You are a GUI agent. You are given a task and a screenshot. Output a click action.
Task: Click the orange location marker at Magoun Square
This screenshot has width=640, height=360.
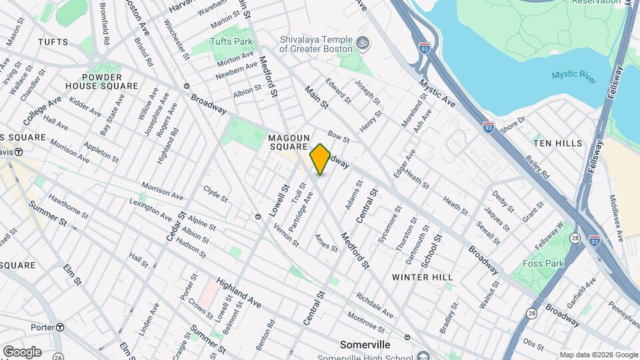click(320, 159)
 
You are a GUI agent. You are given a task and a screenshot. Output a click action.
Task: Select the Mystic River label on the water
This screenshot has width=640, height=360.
click(573, 74)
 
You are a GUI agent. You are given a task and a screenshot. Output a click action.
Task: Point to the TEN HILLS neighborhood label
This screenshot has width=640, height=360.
click(558, 143)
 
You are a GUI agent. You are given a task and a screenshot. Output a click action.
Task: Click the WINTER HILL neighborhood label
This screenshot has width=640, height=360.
click(422, 277)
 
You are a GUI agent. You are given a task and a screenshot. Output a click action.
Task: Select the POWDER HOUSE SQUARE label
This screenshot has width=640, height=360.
click(102, 81)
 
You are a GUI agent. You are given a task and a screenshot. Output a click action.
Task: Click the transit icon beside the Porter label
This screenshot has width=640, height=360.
click(60, 327)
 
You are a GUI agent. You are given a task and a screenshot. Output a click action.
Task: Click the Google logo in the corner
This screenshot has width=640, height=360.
click(22, 351)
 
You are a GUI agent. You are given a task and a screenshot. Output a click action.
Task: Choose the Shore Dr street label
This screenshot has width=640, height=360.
click(513, 125)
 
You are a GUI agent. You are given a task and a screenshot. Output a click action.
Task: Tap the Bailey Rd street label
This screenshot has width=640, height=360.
click(537, 167)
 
